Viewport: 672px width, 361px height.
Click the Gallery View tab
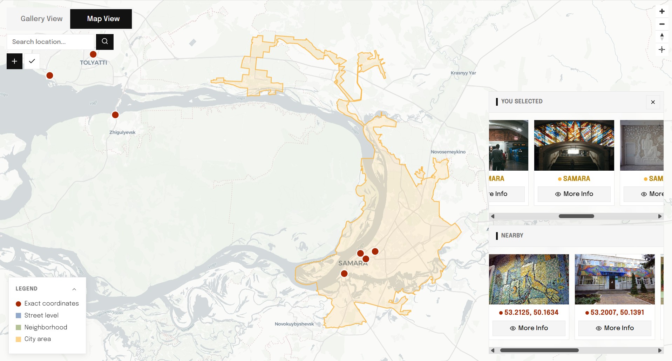coord(41,19)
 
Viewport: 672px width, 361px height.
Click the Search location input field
coord(51,42)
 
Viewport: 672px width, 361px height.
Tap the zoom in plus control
coord(662,11)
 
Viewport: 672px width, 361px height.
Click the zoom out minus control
coord(662,24)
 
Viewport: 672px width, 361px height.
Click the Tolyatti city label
coord(93,63)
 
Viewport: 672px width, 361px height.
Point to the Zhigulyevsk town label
coord(122,132)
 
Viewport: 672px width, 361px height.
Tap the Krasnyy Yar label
coord(463,73)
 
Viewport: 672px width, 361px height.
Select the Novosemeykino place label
coord(448,152)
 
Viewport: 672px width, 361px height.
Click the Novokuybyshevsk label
coord(294,324)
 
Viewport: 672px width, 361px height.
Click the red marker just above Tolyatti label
coord(93,54)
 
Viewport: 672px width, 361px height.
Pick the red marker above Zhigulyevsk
coord(115,115)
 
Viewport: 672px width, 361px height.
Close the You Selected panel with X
coord(653,102)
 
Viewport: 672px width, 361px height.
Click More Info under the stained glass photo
coord(574,194)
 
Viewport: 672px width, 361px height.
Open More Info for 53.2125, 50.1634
coord(529,328)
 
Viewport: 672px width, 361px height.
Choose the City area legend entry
coord(38,339)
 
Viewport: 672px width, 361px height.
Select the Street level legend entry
coord(41,315)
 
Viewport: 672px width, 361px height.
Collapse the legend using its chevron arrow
coord(74,289)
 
